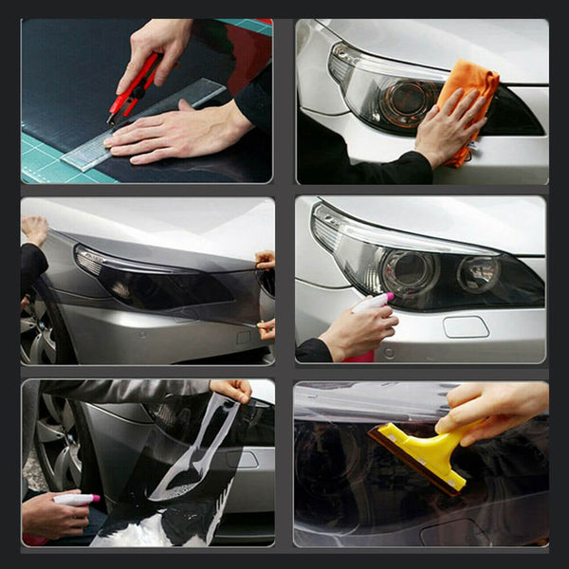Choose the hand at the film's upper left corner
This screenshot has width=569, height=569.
point(35,230)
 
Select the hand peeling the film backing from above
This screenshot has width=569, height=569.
point(230,390)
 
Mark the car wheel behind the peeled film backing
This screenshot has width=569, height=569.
point(52,436)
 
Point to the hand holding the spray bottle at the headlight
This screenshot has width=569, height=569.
point(356,332)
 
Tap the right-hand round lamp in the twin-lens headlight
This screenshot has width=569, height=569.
point(478,274)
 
